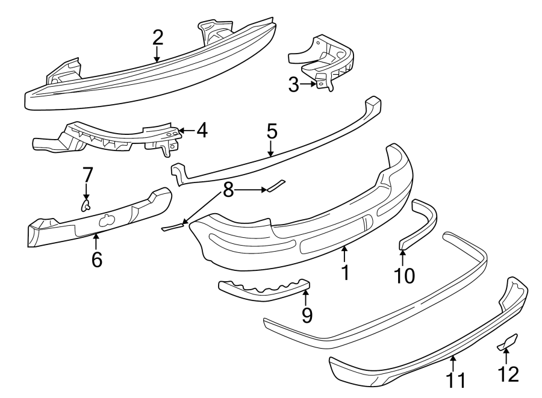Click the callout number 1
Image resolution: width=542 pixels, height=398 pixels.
pos(345,272)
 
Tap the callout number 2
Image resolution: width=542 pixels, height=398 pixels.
pos(157,37)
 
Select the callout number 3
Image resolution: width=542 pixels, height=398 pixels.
pos(293,85)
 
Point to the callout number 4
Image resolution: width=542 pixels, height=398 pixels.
pos(202,130)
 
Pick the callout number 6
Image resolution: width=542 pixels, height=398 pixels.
pos(96,260)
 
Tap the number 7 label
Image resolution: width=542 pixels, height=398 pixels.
pos(87,175)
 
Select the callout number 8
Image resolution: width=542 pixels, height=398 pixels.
pos(228,191)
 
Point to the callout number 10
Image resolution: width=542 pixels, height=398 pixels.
pos(404,275)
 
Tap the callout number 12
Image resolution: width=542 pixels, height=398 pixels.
pos(508,375)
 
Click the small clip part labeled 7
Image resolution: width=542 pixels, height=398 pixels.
pos(85,207)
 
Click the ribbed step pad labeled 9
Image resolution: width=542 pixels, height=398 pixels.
pos(262,290)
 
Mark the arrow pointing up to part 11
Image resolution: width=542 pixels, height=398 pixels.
pos(453,363)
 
